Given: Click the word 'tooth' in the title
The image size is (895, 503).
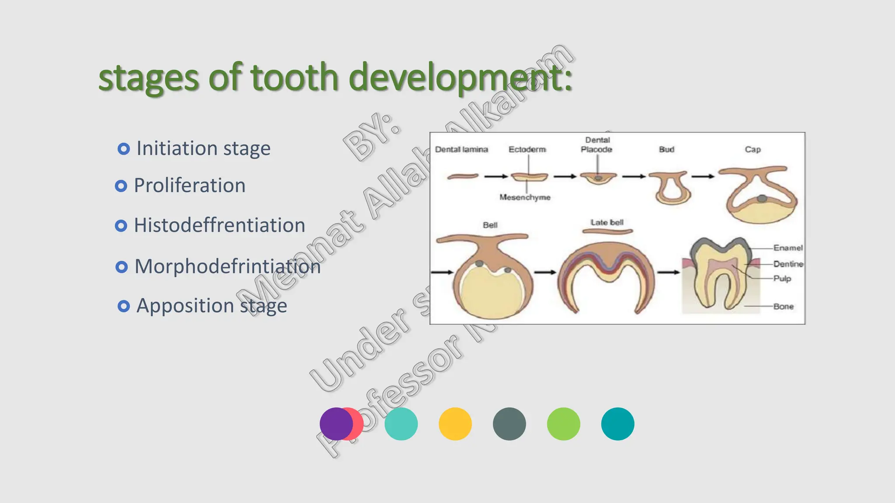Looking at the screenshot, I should (x=295, y=77).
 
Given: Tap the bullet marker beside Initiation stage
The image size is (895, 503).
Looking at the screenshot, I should (x=124, y=149).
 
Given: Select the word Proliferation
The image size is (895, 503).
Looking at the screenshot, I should (x=189, y=186).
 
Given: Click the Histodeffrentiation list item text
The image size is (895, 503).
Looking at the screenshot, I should (x=219, y=225).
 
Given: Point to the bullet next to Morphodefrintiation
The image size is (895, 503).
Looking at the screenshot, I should (x=121, y=267).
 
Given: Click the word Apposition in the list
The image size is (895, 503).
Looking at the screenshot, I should (x=185, y=306).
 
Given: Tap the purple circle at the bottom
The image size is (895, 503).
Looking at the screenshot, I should (x=335, y=424).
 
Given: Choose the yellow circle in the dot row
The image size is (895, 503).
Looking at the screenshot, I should (x=455, y=424).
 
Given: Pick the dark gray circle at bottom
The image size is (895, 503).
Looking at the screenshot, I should (x=509, y=424).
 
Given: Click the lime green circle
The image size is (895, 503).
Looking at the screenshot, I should (x=563, y=424).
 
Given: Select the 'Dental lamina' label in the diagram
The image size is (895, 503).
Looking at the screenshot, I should (x=461, y=149).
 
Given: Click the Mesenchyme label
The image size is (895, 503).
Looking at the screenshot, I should (x=525, y=197).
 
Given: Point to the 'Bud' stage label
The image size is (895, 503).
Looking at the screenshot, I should (x=666, y=149).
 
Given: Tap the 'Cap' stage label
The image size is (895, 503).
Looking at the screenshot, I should (x=753, y=149).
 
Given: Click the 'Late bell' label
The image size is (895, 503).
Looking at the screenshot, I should (x=607, y=222).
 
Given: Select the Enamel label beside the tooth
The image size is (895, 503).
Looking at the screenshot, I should (x=788, y=248).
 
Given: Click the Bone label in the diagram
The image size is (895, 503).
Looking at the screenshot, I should (x=783, y=306).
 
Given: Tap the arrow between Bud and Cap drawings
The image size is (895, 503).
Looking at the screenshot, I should (x=703, y=176).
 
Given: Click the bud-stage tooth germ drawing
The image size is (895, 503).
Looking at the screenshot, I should (x=670, y=188).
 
